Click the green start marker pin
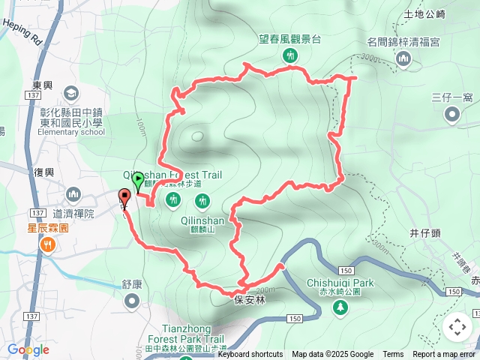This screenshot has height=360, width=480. pyautogui.click(x=138, y=180)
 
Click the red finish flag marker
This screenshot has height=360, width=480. pyautogui.click(x=124, y=198)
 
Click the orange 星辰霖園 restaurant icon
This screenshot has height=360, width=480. pyautogui.click(x=49, y=244)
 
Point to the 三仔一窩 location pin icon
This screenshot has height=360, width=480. pyautogui.click(x=452, y=115)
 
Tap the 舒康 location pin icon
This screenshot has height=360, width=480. pyautogui.click(x=132, y=301)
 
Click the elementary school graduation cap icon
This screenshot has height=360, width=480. pyautogui.click(x=71, y=94)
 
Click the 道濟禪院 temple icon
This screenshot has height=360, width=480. pyautogui.click(x=73, y=196)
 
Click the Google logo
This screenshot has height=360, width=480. pyautogui.click(x=28, y=349)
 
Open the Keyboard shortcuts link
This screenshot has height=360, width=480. pyautogui.click(x=250, y=355)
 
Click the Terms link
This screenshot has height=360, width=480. pyautogui.click(x=393, y=355)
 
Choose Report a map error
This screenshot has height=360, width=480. pyautogui.click(x=445, y=355)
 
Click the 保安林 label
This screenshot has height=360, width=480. pyautogui.click(x=250, y=298)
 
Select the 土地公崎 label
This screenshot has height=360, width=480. pyautogui.click(x=424, y=13)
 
